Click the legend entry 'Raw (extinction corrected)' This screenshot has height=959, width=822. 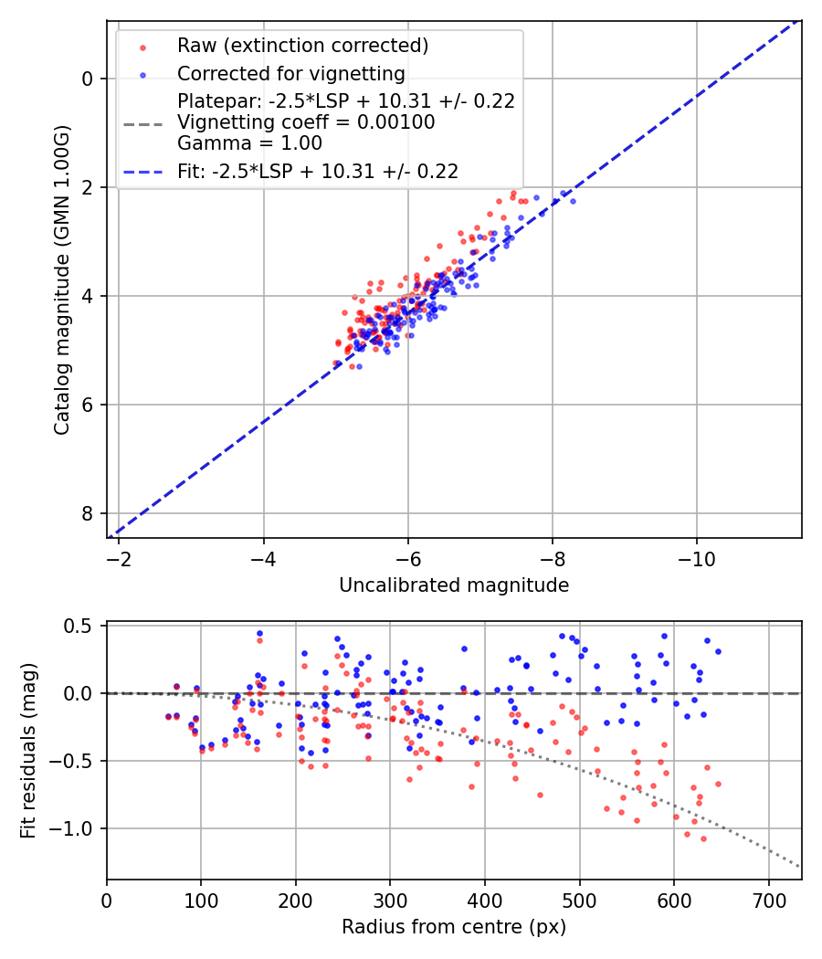(302, 46)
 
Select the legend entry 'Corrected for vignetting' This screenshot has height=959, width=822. (291, 73)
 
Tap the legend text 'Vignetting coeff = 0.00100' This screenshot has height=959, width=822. (306, 122)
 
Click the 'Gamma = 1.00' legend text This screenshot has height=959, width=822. (249, 142)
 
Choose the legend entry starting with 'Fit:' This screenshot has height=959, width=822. (318, 171)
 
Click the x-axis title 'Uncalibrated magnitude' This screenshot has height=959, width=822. (454, 585)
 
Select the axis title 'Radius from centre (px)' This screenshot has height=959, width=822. (454, 927)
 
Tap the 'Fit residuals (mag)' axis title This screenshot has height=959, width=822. (28, 751)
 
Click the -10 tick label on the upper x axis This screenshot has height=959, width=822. (697, 557)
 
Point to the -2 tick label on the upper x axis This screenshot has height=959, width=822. (119, 557)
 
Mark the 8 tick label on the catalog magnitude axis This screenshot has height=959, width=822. (88, 513)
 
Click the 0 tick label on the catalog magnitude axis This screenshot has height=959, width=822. (88, 79)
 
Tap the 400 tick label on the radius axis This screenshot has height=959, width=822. (485, 899)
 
